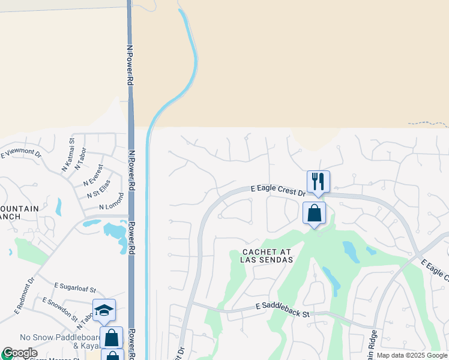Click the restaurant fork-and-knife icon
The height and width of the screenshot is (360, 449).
pyautogui.click(x=318, y=181)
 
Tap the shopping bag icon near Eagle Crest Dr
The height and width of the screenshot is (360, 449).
pyautogui.click(x=315, y=212)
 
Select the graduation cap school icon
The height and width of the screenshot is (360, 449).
pyautogui.click(x=104, y=310)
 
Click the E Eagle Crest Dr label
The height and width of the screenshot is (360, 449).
pyautogui.click(x=278, y=188)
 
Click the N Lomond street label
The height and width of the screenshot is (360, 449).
pyautogui.click(x=111, y=201)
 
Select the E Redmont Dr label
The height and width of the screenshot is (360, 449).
pyautogui.click(x=25, y=295)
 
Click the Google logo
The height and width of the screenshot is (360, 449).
pyautogui.click(x=20, y=353)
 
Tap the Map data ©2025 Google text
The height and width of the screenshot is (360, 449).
pyautogui.click(x=412, y=355)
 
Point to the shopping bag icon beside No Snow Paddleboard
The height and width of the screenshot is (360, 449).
pyautogui.click(x=112, y=337)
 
